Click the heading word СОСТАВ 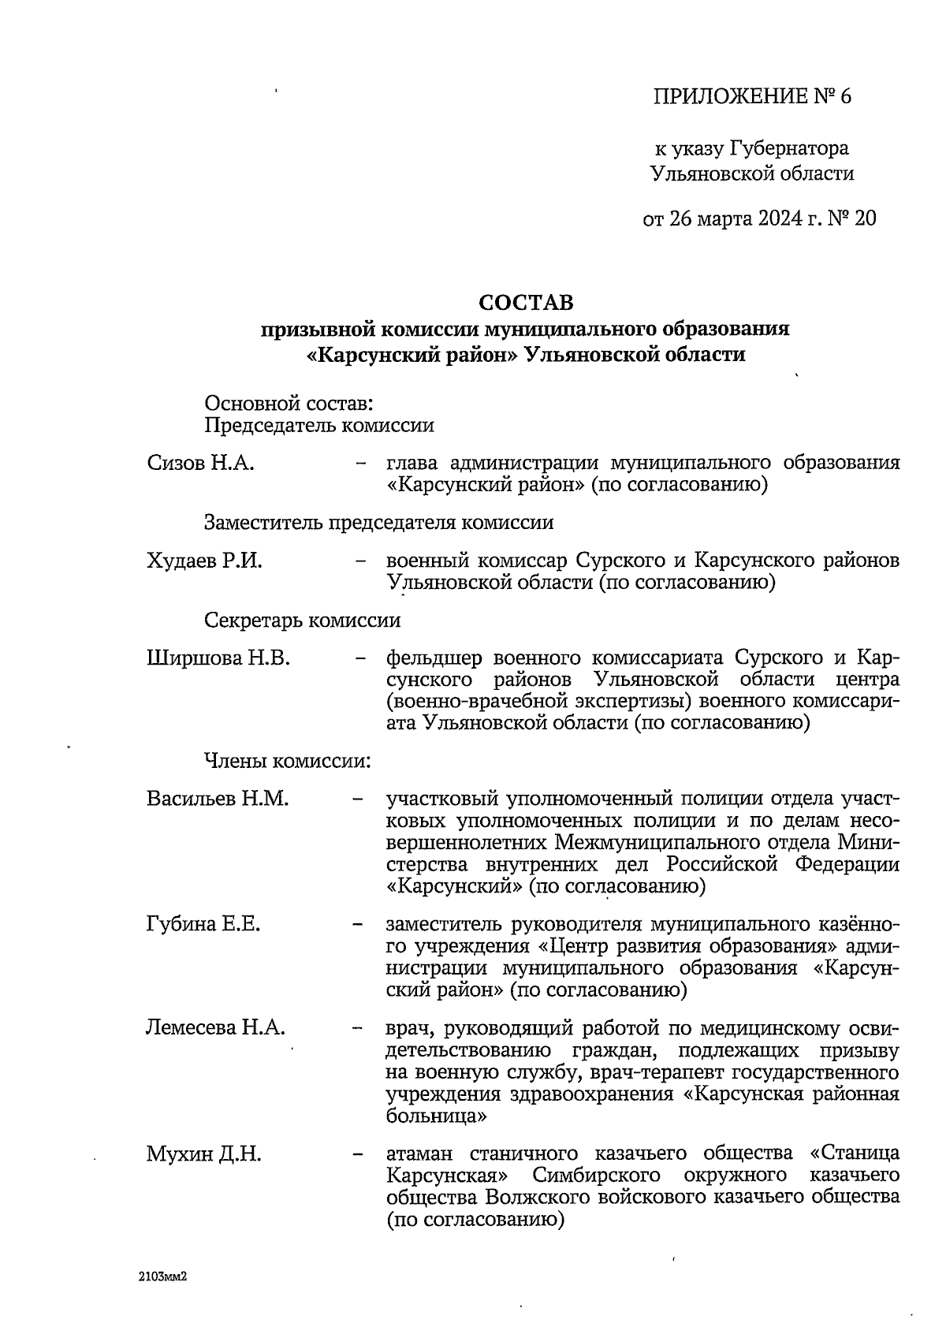pyautogui.click(x=526, y=303)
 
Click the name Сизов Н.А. pyautogui.click(x=200, y=463)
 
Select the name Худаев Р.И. pyautogui.click(x=204, y=561)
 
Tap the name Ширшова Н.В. pyautogui.click(x=218, y=658)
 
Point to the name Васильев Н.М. pyautogui.click(x=218, y=799)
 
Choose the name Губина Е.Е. pyautogui.click(x=203, y=924)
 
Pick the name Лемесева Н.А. pyautogui.click(x=215, y=1028)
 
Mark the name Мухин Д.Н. pyautogui.click(x=203, y=1154)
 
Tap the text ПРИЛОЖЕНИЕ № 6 pyautogui.click(x=752, y=97)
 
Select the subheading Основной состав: pyautogui.click(x=289, y=404)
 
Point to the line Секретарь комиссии pyautogui.click(x=302, y=621)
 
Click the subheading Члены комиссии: pyautogui.click(x=288, y=762)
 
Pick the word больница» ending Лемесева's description pyautogui.click(x=435, y=1116)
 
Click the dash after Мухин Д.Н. pyautogui.click(x=359, y=1155)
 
